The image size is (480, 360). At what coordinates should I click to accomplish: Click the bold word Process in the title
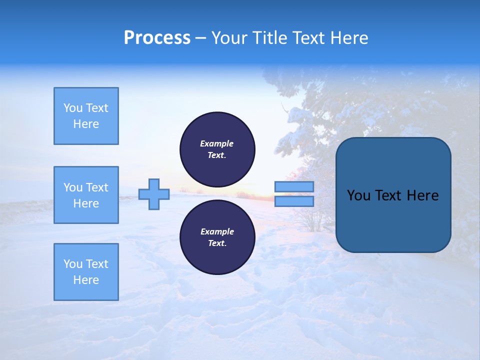(x=157, y=38)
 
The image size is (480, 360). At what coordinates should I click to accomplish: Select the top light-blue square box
(x=86, y=116)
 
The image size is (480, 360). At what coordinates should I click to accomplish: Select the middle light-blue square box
(x=86, y=195)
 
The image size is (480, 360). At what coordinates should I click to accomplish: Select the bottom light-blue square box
(x=86, y=272)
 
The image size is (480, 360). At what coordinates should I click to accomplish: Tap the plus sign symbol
(x=154, y=194)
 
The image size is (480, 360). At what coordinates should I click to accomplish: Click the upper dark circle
(x=217, y=149)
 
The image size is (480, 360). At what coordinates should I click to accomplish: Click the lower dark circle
(x=217, y=237)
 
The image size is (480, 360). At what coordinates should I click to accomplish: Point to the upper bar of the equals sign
(x=294, y=186)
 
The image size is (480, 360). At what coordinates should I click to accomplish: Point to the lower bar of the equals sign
(x=294, y=201)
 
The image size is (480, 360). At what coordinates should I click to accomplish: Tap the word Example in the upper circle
(x=217, y=143)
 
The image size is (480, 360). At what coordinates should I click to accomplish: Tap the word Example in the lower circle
(x=217, y=231)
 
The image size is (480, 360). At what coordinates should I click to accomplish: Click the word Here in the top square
(x=86, y=124)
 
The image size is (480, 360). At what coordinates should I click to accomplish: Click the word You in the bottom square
(x=72, y=264)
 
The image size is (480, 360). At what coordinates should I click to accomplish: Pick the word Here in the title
(x=348, y=38)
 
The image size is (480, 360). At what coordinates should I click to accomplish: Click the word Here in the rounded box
(x=422, y=195)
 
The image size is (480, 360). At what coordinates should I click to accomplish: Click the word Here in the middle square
(x=86, y=203)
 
